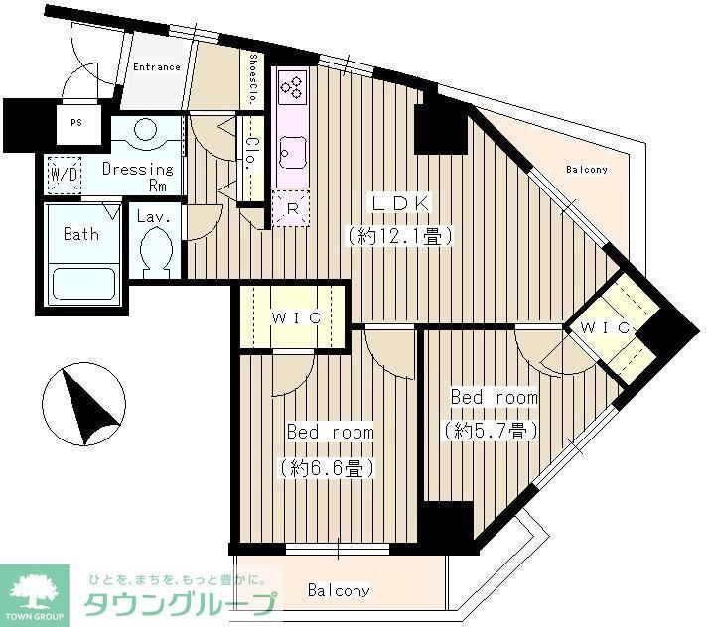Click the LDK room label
(401, 202)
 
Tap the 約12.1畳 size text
(399, 236)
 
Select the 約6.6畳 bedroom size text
(329, 466)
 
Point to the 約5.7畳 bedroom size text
(493, 431)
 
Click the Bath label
(81, 235)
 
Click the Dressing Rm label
(138, 176)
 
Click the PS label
(76, 124)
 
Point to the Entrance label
(157, 67)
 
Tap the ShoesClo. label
(254, 80)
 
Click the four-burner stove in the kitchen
(294, 88)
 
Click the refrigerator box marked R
(293, 208)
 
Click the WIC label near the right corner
(605, 326)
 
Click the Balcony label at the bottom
(338, 591)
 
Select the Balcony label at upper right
(587, 170)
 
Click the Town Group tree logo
(34, 594)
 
